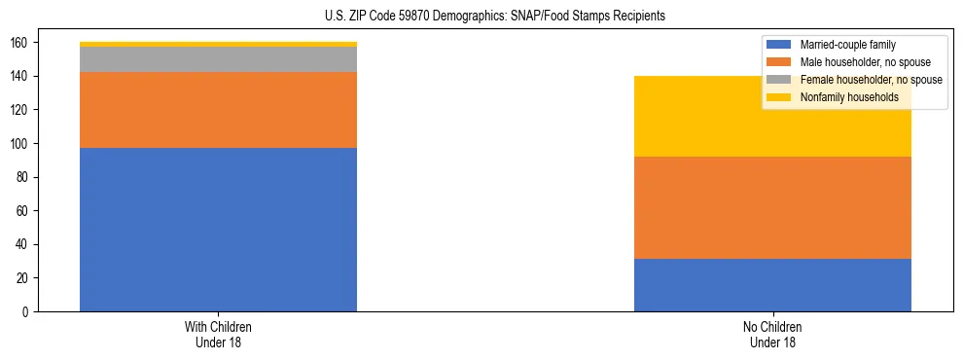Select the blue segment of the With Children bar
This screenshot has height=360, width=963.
coord(218,230)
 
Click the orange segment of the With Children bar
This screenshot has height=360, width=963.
coord(218,110)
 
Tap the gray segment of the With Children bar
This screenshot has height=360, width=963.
coord(218,59)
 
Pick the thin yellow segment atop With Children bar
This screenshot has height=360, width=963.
coord(218,44)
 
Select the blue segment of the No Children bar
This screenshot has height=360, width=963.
coord(772,285)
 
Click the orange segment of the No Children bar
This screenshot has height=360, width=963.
coord(772,207)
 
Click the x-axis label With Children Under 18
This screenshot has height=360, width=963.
coord(218,334)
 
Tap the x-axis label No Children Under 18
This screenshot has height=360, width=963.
coord(772,334)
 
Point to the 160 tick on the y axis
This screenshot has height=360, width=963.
coord(23,43)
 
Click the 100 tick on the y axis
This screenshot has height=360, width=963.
coord(23,144)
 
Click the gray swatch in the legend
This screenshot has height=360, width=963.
coord(779,80)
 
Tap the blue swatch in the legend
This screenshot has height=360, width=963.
coord(779,45)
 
